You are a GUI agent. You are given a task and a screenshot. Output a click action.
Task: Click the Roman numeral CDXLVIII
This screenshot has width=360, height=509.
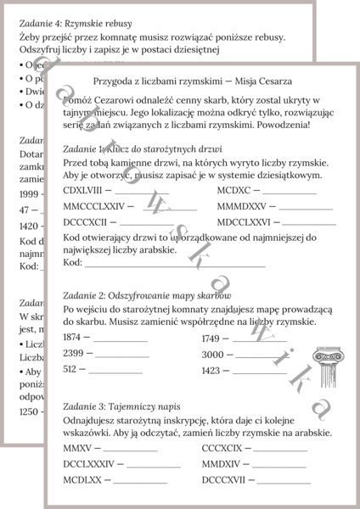[82, 189]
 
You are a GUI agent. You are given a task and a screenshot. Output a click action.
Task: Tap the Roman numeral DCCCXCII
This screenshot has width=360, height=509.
[86, 221]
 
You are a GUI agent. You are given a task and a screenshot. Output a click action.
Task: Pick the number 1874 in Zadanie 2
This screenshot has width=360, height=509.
[72, 338]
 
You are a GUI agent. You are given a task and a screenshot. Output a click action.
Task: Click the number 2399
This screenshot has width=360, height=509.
[72, 353]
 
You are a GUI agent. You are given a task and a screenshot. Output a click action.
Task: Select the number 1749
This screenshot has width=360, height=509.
[211, 338]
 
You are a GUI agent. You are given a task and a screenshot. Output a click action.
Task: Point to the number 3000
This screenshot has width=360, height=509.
[212, 354]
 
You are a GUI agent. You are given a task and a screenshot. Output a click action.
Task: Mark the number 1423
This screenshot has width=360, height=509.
[211, 370]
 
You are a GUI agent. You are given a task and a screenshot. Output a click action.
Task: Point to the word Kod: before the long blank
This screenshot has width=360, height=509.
[72, 262]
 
